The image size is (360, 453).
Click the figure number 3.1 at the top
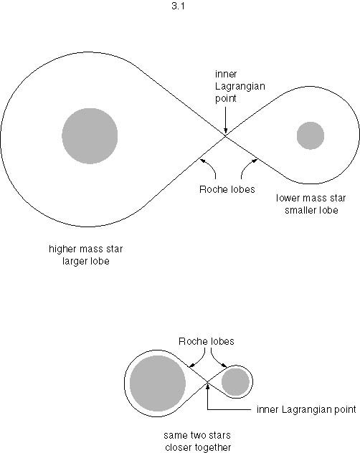tap(178, 6)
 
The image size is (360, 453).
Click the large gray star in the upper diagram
tap(90, 135)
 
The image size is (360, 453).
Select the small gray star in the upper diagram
tap(311, 135)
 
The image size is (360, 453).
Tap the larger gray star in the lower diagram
tap(158, 383)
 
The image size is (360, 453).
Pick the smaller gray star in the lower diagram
tap(235, 382)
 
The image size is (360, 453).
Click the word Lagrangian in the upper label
tap(240, 87)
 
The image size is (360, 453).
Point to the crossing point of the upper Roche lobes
tap(226, 135)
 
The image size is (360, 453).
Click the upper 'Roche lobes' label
tap(227, 189)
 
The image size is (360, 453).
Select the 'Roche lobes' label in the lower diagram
tap(206, 341)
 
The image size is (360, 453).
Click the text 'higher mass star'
tap(85, 249)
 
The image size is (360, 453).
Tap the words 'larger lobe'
tap(86, 261)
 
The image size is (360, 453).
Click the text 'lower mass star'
tap(311, 198)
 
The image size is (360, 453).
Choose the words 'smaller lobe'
tap(311, 210)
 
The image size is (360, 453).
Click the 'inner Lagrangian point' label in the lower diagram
tap(306, 409)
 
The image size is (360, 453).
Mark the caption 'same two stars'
tap(197, 435)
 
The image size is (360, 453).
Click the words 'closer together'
tap(198, 447)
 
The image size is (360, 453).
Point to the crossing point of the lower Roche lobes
tap(207, 383)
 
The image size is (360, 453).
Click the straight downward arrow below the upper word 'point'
tap(226, 120)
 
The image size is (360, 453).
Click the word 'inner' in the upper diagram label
tap(226, 74)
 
